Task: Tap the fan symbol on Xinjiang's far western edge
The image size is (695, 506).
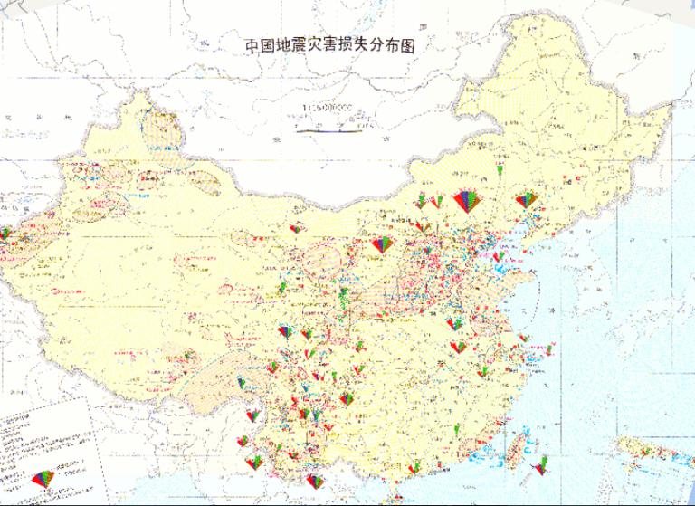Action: click(5, 234)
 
